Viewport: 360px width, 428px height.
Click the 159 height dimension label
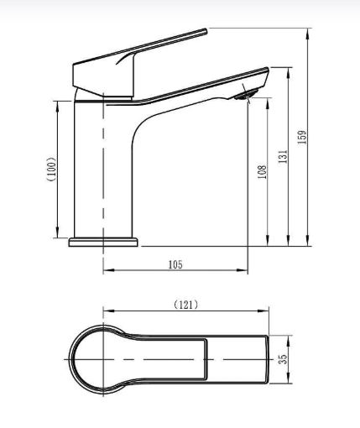pos(302,137)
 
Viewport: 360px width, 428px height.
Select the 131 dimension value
pos(283,157)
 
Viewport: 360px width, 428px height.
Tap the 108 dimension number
pos(262,172)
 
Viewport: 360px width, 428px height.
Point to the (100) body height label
pos(51,170)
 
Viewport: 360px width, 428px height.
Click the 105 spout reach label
pos(175,264)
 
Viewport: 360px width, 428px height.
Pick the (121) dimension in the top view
pos(186,305)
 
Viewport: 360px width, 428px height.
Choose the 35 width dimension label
pos(284,359)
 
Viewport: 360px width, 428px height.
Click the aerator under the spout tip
pos(246,95)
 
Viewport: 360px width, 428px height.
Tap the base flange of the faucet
pos(103,243)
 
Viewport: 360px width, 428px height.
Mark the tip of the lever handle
pos(206,31)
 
